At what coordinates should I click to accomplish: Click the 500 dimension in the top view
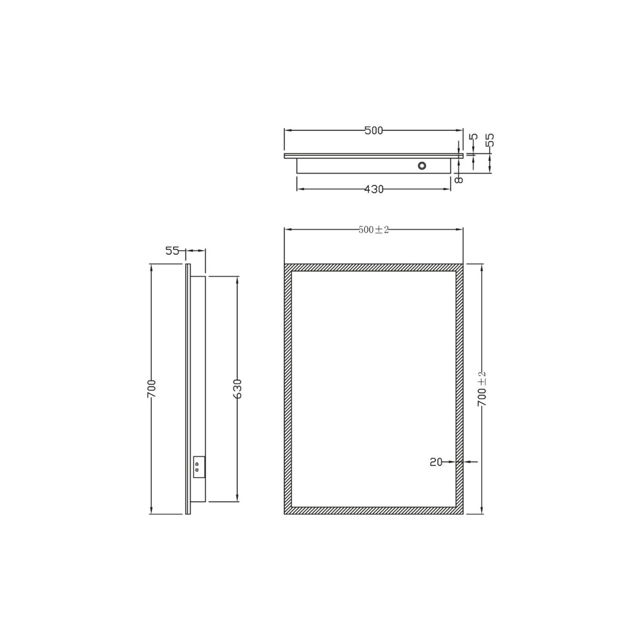point(373,131)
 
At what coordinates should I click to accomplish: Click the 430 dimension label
point(374,189)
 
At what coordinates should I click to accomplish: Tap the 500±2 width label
point(373,230)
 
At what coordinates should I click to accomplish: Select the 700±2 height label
point(482,389)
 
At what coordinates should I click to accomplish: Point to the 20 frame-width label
point(436,462)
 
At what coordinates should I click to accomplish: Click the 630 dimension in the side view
point(237,388)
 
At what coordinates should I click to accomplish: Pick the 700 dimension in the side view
point(151,388)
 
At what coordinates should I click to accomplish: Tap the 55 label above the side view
point(173,251)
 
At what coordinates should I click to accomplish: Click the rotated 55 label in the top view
point(490,140)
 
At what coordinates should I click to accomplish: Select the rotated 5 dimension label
point(474,136)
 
